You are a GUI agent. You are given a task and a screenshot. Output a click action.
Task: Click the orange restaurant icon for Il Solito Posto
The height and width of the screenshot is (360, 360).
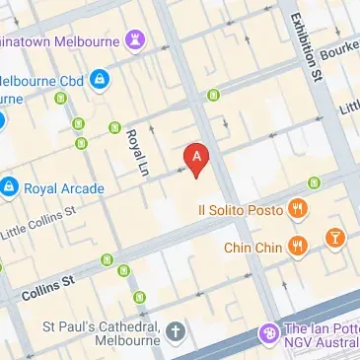[298, 209]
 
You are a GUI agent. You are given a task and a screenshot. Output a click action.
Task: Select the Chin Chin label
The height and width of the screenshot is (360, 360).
[253, 248]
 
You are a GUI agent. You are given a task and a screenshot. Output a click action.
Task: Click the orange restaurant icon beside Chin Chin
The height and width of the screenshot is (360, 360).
[298, 248]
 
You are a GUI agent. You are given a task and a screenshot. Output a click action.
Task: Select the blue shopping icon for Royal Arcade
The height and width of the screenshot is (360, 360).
[10, 184]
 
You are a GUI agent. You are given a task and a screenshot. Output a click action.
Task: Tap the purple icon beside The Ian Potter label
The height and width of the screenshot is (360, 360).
[267, 334]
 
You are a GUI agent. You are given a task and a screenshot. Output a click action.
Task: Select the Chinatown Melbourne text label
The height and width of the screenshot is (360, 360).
[59, 39]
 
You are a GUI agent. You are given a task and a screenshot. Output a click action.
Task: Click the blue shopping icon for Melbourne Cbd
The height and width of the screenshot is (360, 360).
[99, 79]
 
